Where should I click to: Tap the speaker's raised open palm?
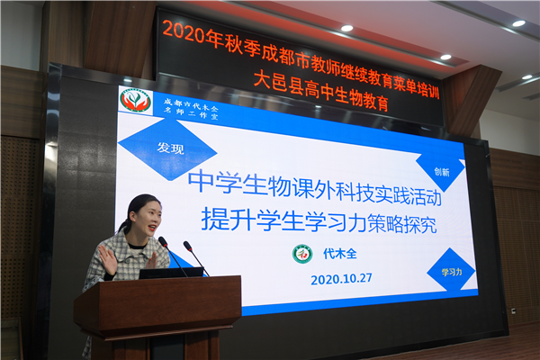107,259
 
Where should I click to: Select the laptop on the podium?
170,272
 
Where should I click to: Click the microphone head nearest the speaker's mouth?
163,241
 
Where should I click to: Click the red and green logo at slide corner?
136,100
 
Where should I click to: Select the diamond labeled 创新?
441,171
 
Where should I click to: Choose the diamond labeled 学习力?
450,269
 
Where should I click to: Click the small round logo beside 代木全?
302,253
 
